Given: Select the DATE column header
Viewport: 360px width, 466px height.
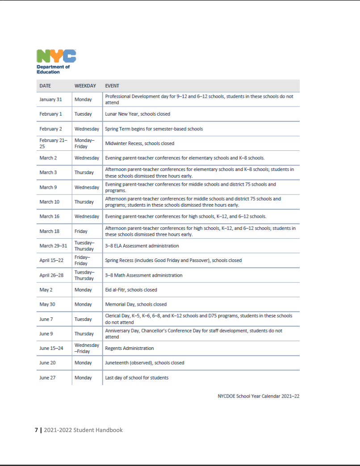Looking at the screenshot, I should pos(45,86).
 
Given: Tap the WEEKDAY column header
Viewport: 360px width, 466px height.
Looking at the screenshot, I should pos(85,86).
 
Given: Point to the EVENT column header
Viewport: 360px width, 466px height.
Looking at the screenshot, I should pos(112,86).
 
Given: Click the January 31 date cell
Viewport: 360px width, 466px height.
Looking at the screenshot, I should pos(50,100).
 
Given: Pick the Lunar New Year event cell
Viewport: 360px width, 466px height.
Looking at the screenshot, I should pos(138,114).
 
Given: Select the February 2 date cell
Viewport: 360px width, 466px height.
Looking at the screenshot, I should pos(50,129).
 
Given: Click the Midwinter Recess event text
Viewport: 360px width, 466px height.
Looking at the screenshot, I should pos(139,144).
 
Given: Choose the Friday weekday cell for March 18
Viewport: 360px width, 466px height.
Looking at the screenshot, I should pos(81,231).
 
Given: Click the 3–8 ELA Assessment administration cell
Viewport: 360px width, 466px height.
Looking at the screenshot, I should pos(142,246).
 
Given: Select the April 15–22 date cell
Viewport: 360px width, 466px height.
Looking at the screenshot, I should pos(51,260).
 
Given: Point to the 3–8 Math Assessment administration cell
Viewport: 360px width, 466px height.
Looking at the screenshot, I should pos(144,275).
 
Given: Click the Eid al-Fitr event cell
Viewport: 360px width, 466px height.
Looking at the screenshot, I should pos(131,290).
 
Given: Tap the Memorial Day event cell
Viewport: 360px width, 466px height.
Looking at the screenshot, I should pos(136,304).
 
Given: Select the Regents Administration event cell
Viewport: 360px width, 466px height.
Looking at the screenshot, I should pos(130,348).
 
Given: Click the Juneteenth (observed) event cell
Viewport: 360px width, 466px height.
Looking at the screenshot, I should pos(144,363).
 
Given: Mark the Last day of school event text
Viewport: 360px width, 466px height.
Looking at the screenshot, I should pos(137,378).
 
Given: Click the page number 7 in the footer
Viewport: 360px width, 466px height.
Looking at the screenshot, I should pos(36,430).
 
